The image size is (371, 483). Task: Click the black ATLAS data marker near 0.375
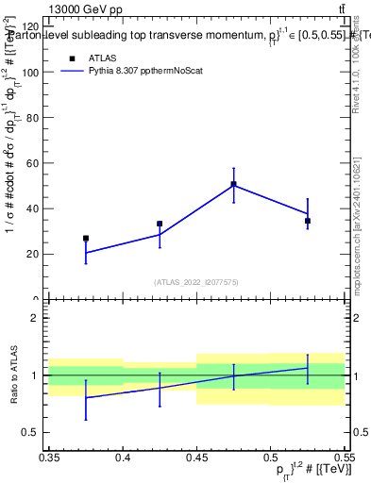coord(86,239)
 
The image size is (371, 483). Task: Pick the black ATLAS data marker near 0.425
coord(160,224)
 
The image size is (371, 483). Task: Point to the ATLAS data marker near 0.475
coord(233,184)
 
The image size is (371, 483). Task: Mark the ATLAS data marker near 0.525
coord(307,221)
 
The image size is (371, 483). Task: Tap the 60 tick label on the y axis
coord(36,163)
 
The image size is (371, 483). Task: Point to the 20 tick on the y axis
coord(36,254)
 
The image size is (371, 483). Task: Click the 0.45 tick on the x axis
coord(196,457)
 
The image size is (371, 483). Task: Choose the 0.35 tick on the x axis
coord(49,457)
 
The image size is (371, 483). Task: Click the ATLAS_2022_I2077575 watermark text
coord(196,282)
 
